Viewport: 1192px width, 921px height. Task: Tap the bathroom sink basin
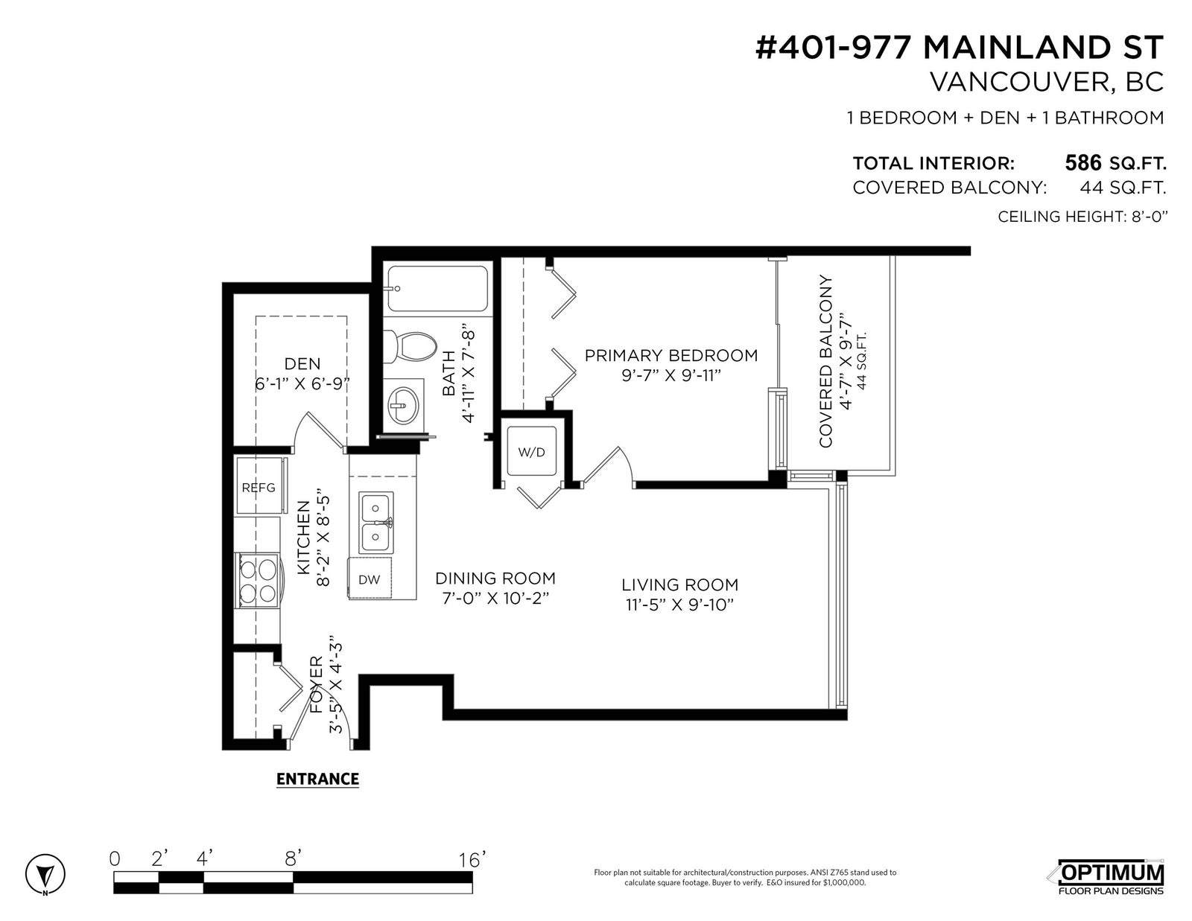point(404,406)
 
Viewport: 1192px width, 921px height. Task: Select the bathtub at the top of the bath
point(437,289)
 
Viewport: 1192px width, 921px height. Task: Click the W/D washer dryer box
point(531,451)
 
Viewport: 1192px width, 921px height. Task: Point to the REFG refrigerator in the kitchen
point(260,486)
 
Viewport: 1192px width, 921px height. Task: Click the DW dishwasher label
point(370,579)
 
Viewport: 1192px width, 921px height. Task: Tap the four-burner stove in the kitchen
point(258,580)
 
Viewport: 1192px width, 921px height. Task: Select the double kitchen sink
point(376,523)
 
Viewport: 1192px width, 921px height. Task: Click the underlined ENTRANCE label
point(317,779)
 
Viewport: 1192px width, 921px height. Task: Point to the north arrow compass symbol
point(45,873)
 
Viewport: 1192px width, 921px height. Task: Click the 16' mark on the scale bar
point(471,860)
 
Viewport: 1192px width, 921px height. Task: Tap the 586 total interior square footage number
point(1082,163)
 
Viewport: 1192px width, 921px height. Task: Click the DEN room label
point(302,363)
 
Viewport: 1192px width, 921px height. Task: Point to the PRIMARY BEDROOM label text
point(671,355)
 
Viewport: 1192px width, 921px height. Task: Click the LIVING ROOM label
point(679,584)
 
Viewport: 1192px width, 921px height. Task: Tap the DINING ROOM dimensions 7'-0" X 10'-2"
point(496,598)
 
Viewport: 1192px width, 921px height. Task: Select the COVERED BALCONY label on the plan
point(825,361)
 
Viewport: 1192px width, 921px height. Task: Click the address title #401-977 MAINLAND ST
point(960,48)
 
